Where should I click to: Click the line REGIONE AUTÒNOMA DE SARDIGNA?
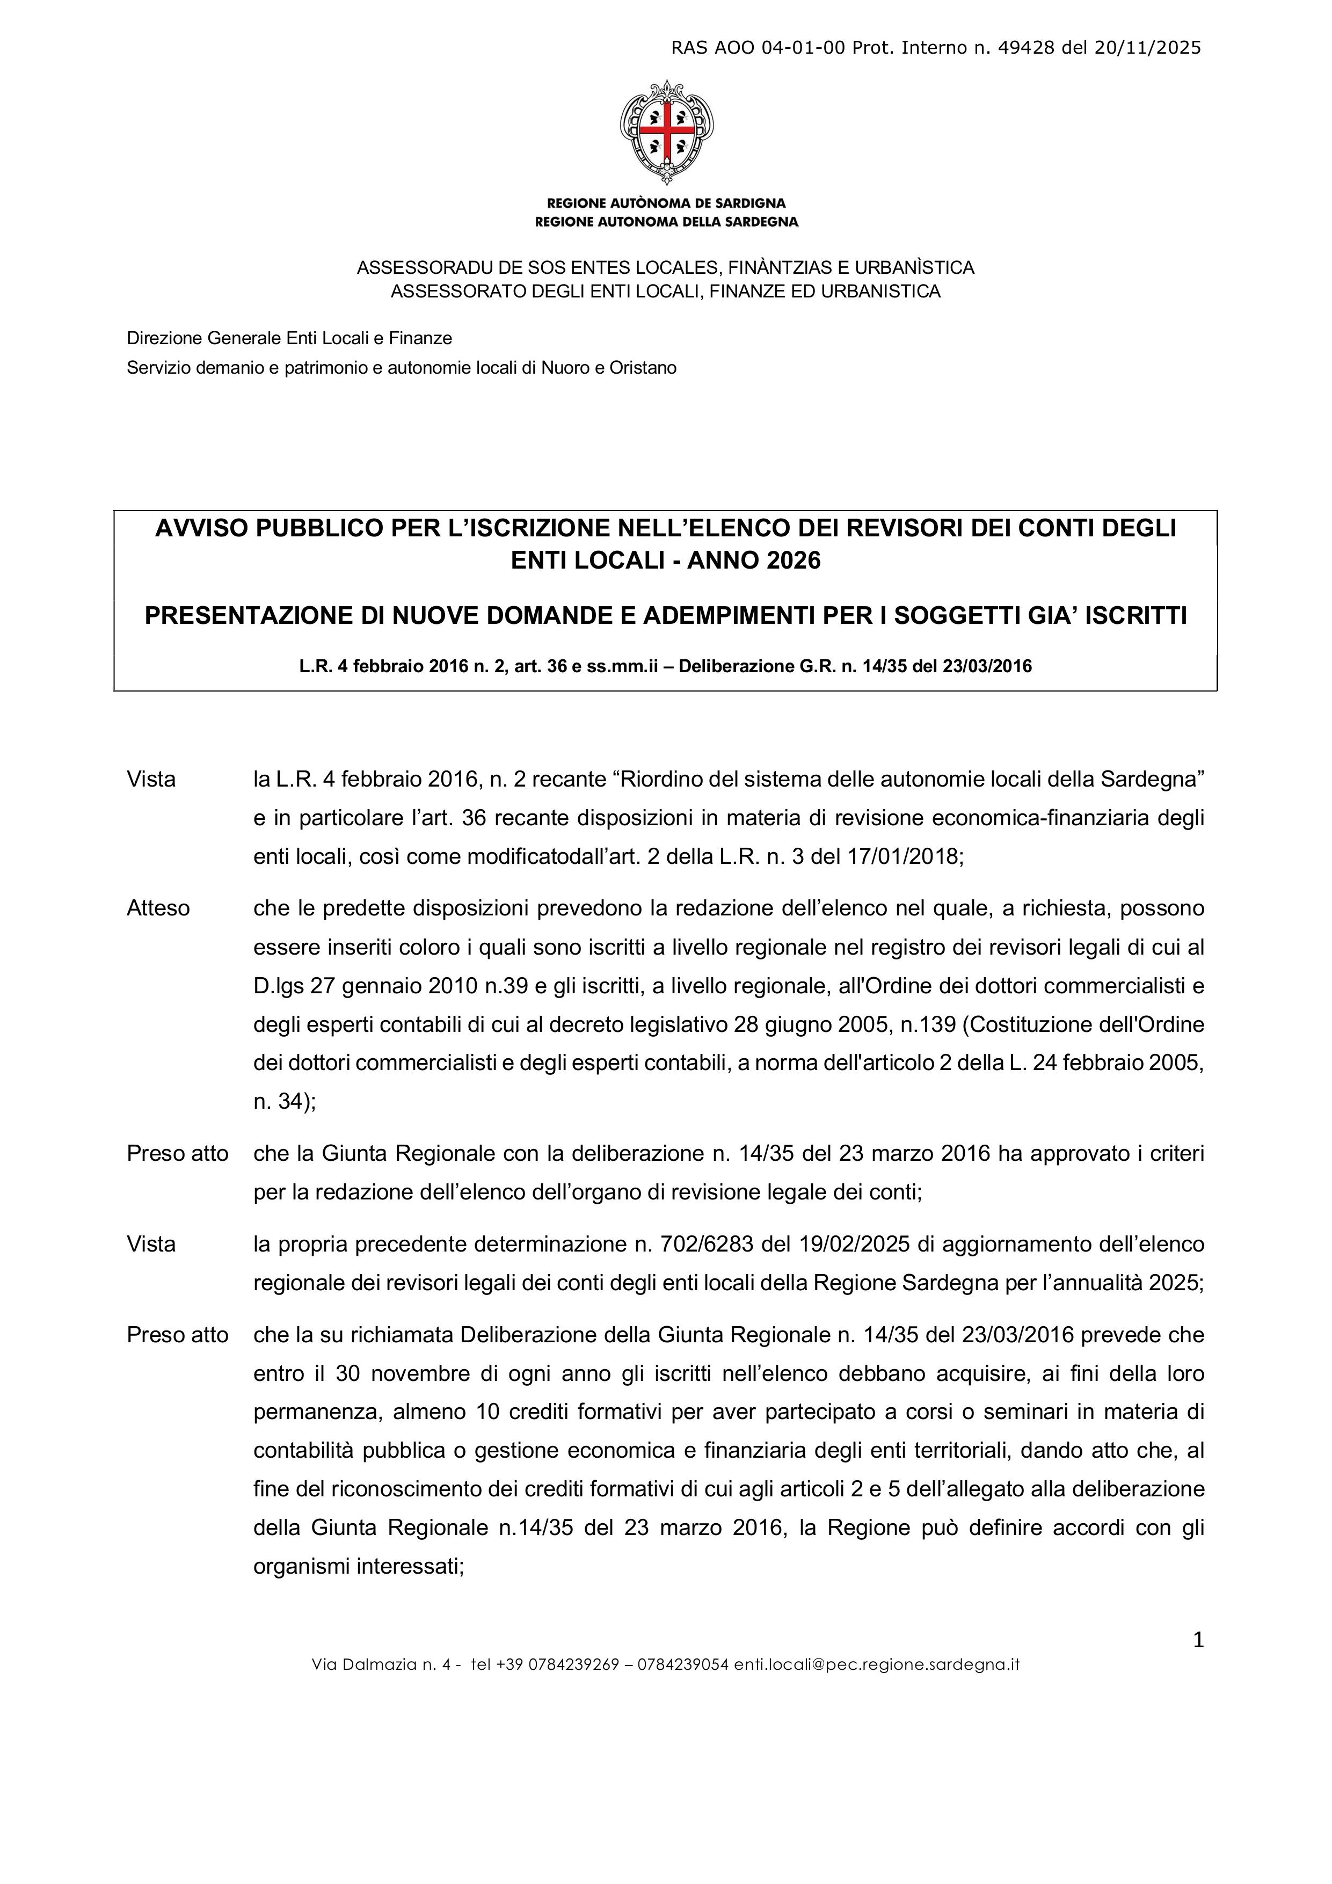666,202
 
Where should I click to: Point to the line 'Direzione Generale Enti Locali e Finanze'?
289,338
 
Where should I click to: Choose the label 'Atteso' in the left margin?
158,908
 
